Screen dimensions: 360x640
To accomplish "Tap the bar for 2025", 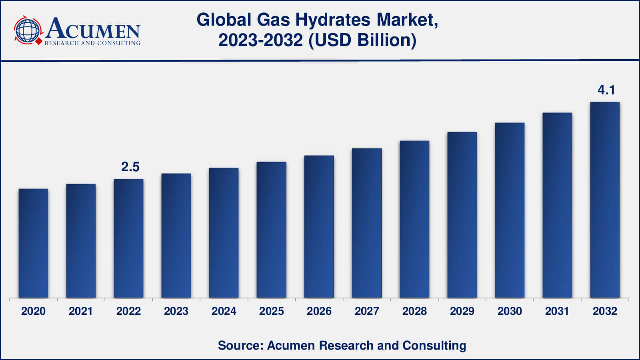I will [x=271, y=230].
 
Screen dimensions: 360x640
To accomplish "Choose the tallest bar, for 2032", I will [x=605, y=200].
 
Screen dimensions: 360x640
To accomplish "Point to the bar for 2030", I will [x=510, y=210].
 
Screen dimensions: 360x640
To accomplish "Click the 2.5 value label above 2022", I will [x=130, y=167].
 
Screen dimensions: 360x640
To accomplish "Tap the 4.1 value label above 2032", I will [x=606, y=90].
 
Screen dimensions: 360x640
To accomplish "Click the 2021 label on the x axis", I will [x=81, y=311].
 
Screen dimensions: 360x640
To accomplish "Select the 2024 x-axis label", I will [x=224, y=311].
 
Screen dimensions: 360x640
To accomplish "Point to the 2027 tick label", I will [x=367, y=311].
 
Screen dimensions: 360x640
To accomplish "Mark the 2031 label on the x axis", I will [x=557, y=311].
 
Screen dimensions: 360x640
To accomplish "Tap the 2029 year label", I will [x=462, y=311].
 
